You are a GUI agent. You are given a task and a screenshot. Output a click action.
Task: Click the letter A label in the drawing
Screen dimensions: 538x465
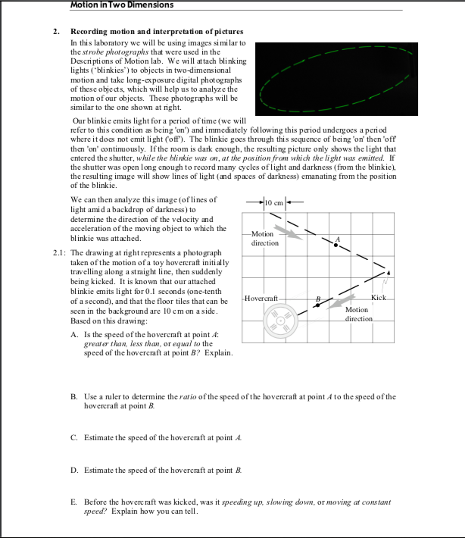click(339, 239)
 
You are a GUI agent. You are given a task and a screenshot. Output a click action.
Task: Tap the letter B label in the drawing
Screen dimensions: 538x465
click(318, 299)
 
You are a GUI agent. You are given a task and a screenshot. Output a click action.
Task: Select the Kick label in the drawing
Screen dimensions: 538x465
click(379, 297)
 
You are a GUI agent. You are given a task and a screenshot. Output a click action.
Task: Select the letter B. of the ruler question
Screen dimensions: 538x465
click(73, 396)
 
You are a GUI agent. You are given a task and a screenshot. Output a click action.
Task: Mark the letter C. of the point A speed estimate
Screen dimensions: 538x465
click(73, 438)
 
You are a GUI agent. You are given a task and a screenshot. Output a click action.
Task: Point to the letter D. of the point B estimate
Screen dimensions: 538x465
click(73, 470)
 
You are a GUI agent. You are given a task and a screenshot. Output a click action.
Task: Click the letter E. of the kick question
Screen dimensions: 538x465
click(73, 502)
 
